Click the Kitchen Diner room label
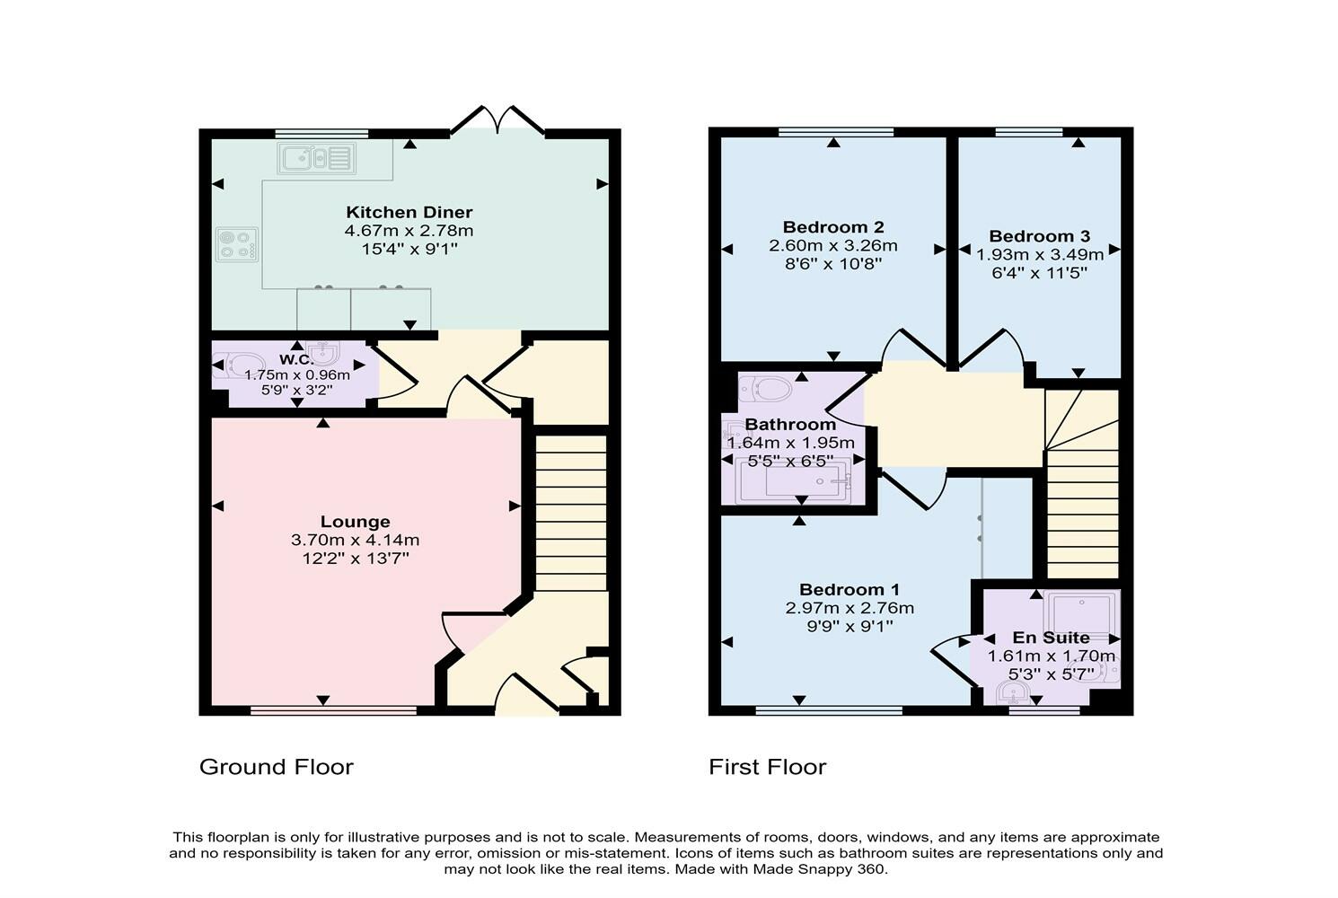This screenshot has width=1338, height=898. click(409, 213)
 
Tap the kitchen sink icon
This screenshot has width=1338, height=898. click(316, 160)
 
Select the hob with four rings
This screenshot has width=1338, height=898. click(237, 244)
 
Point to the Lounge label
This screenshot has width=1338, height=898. click(356, 522)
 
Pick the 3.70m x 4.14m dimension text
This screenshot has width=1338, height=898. click(356, 541)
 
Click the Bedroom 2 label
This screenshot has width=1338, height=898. click(833, 227)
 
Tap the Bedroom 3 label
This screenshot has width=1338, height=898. click(1040, 236)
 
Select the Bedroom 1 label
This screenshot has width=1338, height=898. click(849, 590)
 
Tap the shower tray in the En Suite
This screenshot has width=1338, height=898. click(1082, 612)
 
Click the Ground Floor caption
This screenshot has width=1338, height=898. click(277, 767)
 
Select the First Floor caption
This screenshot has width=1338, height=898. click(768, 767)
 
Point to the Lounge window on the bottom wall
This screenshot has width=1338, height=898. click(334, 711)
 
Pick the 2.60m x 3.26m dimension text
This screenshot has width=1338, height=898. click(833, 246)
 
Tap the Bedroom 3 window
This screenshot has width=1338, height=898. click(1029, 133)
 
